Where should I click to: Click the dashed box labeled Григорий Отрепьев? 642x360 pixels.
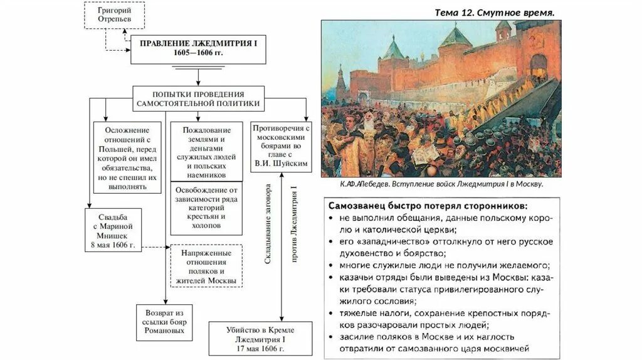[x=114, y=15]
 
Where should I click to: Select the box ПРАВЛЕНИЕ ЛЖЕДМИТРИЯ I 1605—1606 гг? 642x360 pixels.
[x=198, y=49]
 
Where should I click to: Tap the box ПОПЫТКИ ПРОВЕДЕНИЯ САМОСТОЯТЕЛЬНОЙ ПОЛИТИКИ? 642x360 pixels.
[x=199, y=98]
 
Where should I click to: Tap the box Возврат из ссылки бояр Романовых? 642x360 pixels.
[x=164, y=322]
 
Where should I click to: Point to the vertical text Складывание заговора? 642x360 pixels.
[x=268, y=223]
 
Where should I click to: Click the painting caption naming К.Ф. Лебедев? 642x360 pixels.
[x=441, y=185]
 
